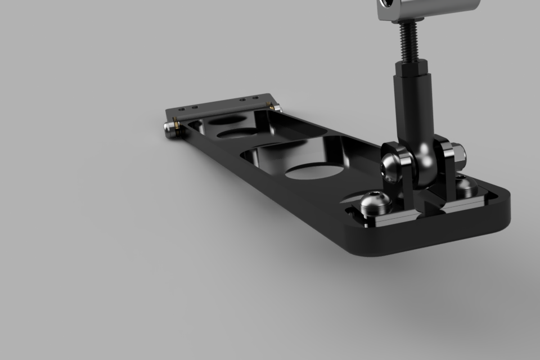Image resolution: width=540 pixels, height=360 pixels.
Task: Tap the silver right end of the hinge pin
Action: [277, 107]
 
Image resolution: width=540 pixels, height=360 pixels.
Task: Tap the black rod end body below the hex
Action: [414, 112]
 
